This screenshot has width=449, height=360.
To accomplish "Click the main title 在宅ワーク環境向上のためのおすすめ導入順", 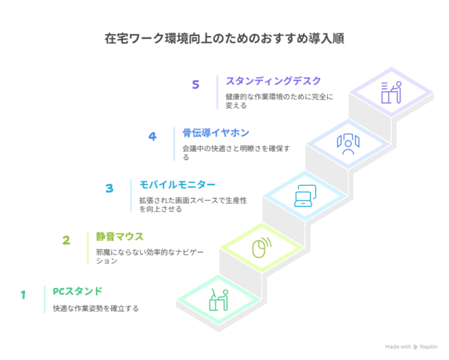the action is tap(224, 39).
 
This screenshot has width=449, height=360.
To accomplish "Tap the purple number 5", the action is tap(195, 84).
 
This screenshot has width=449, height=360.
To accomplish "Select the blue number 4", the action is tap(152, 136).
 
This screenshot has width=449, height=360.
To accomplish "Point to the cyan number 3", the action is tap(110, 188).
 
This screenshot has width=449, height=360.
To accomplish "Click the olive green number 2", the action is tap(66, 240).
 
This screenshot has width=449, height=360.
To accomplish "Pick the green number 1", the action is tap(23, 295).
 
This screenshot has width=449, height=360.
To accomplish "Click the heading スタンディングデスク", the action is tap(273, 81).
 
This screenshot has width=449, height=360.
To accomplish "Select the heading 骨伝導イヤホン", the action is tap(216, 133).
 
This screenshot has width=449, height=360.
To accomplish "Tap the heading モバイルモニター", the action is tap(178, 184).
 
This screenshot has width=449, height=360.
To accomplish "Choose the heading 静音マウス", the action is tap(120, 237).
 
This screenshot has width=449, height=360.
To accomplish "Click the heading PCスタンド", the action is tap(78, 291).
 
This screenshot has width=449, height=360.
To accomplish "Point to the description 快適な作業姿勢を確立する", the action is tap(96, 308).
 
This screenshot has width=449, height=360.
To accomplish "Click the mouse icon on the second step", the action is tap(262, 248).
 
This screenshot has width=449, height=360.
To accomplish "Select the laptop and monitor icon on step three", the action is tap(305, 196).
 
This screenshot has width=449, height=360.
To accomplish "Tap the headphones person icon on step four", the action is tap(348, 144).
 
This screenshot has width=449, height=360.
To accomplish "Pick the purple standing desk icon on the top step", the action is tap(391, 93).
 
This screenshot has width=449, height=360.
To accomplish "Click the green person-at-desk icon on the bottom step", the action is tap(219, 299).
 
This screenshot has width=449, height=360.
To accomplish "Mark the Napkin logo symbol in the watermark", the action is tap(416, 347).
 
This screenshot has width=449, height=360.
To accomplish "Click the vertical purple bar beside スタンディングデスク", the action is tap(217, 93).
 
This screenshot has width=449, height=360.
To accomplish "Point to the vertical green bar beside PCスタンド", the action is tap(45, 299).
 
